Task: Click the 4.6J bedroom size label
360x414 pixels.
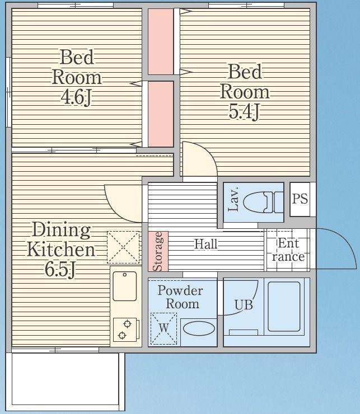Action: click(x=76, y=97)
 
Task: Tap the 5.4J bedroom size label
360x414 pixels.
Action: click(x=244, y=111)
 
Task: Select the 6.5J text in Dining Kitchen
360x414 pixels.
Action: click(x=60, y=269)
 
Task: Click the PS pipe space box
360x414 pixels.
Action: click(x=300, y=199)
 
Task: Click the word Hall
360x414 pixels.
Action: click(x=206, y=244)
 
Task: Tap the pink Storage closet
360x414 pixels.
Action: click(x=158, y=251)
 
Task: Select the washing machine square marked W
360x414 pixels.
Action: click(x=163, y=328)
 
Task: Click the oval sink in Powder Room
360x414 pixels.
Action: click(x=199, y=329)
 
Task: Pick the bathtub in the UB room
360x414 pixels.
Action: click(x=284, y=306)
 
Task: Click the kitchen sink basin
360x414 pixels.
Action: click(x=125, y=286)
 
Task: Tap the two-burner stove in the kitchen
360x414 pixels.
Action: click(x=125, y=330)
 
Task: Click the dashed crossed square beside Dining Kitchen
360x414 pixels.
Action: click(x=123, y=247)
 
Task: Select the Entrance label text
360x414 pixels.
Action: click(x=288, y=250)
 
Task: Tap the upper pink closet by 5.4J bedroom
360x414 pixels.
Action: click(x=161, y=41)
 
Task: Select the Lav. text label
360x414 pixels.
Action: click(x=233, y=199)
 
